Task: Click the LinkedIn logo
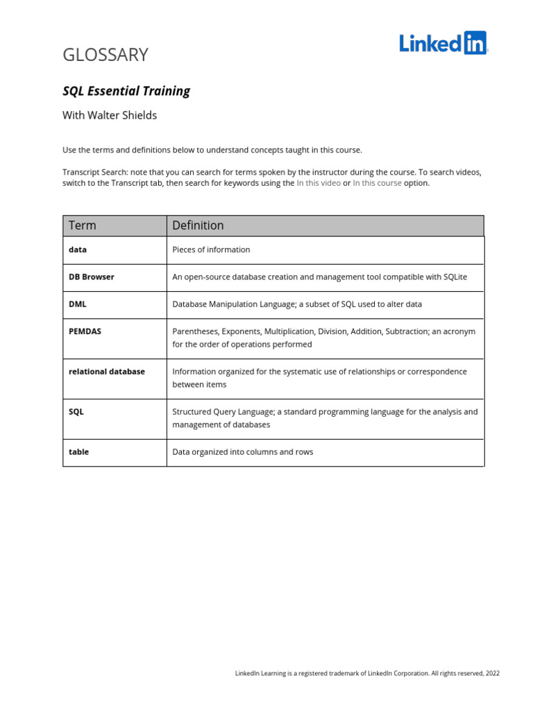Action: [x=443, y=43]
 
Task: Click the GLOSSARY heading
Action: [x=105, y=55]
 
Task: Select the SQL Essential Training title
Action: [x=126, y=91]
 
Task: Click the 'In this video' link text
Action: [x=319, y=183]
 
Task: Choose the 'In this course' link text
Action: [x=377, y=183]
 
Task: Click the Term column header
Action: [x=83, y=225]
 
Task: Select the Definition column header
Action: [x=198, y=225]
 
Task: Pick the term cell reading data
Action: [x=78, y=250]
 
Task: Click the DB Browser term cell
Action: [x=92, y=277]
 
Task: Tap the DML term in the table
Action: [x=78, y=304]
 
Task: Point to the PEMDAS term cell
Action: [x=85, y=331]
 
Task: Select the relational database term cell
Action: [x=107, y=372]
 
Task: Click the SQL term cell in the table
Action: [x=76, y=412]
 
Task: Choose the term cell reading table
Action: [x=79, y=452]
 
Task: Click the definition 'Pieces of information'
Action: [x=211, y=250]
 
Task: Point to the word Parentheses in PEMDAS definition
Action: [x=194, y=331]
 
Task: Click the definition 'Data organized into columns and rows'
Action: [x=243, y=452]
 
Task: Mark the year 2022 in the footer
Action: [x=492, y=673]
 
